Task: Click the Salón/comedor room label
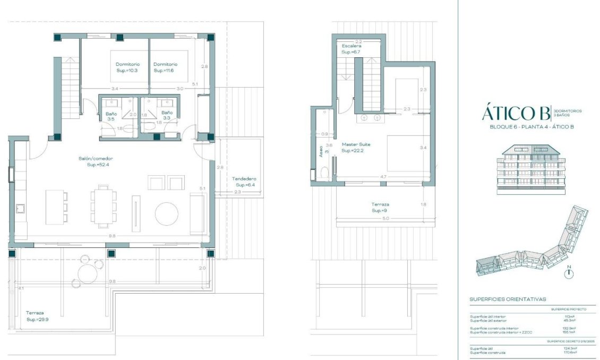100,161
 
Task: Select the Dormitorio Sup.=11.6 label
165,67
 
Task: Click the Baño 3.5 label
110,116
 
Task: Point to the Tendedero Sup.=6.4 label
244,182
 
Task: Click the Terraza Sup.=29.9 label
37,316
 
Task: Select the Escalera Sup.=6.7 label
351,49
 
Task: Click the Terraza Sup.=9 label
380,207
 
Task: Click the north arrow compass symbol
569,272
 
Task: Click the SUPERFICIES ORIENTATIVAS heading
508,299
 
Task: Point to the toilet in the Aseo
325,173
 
